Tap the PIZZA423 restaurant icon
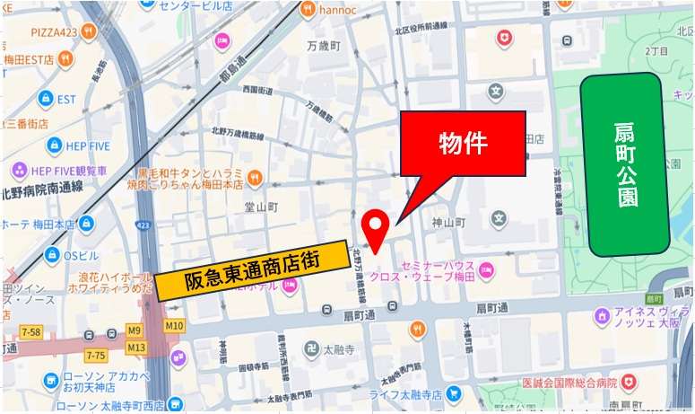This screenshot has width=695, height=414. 88,32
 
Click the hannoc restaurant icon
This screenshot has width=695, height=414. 308,11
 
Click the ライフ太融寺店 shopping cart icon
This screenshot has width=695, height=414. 455,393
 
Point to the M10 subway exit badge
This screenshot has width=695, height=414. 174,325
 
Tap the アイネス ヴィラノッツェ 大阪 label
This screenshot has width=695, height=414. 644,317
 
